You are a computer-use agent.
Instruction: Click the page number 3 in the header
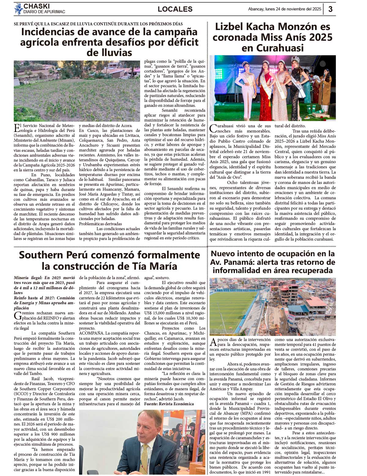point(331,9)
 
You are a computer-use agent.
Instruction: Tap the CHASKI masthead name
point(36,6)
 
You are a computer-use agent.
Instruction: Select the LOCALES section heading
point(175,9)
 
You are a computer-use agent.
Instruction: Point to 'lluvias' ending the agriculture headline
point(109,53)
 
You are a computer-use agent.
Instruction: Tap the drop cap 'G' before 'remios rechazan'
point(17,316)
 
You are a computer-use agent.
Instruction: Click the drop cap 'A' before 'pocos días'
point(213,342)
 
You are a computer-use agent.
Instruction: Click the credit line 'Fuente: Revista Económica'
point(169,404)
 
